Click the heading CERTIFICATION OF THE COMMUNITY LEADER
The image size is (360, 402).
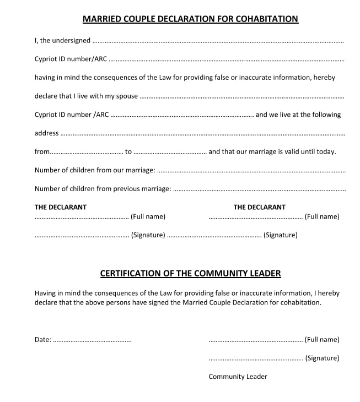pos(190,273)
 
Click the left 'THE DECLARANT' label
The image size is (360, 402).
pos(61,207)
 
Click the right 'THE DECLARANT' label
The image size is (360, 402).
pos(260,207)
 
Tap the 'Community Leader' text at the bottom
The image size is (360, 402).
pos(238,377)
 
